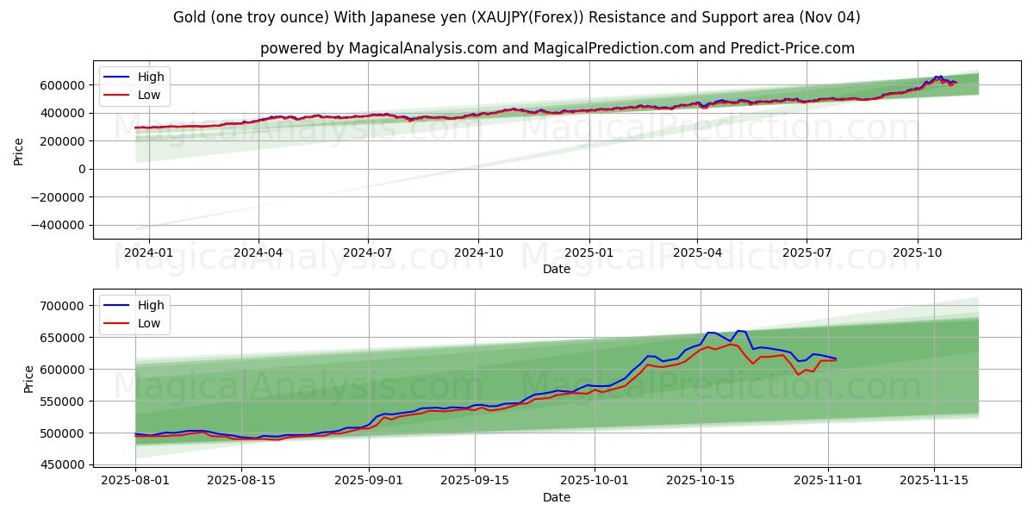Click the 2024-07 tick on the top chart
(368, 252)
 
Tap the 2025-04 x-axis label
(697, 252)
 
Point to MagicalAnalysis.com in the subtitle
(422, 48)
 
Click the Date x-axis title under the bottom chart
(556, 497)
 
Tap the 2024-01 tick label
(149, 252)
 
